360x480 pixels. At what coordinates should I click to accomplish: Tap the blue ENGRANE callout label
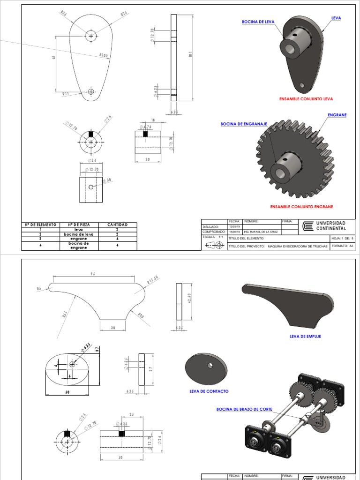click(x=337, y=115)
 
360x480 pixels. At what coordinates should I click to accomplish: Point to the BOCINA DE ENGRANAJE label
click(x=244, y=124)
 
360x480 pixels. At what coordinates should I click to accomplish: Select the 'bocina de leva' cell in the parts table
click(x=78, y=234)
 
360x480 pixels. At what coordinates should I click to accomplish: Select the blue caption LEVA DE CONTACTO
click(x=209, y=391)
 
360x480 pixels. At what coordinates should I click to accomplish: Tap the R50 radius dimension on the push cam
click(x=140, y=315)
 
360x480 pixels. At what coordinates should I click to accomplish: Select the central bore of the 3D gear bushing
click(x=280, y=173)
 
